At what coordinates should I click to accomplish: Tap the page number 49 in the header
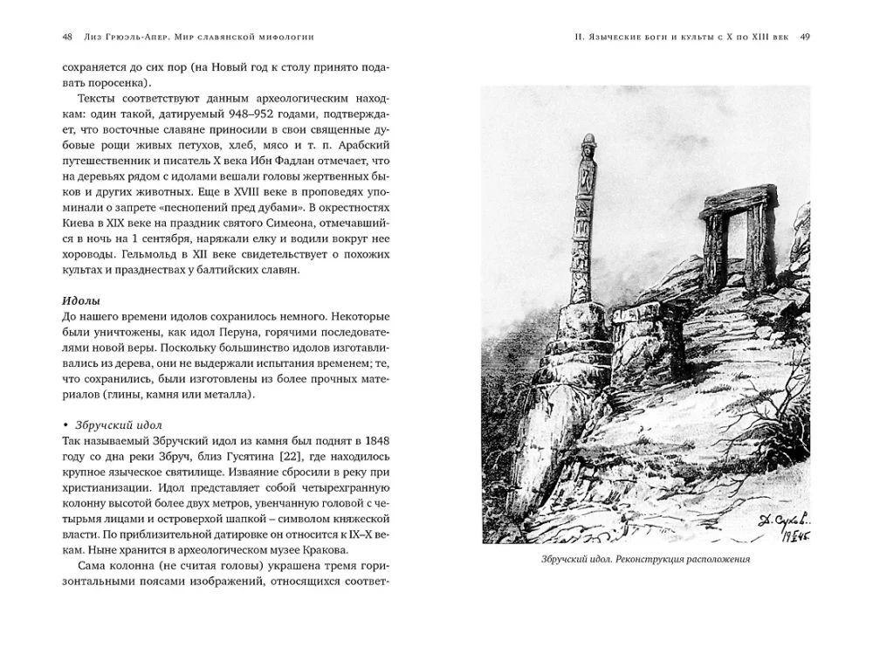805,37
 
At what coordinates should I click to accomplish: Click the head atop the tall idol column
588,146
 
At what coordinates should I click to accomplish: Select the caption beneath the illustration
645,560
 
